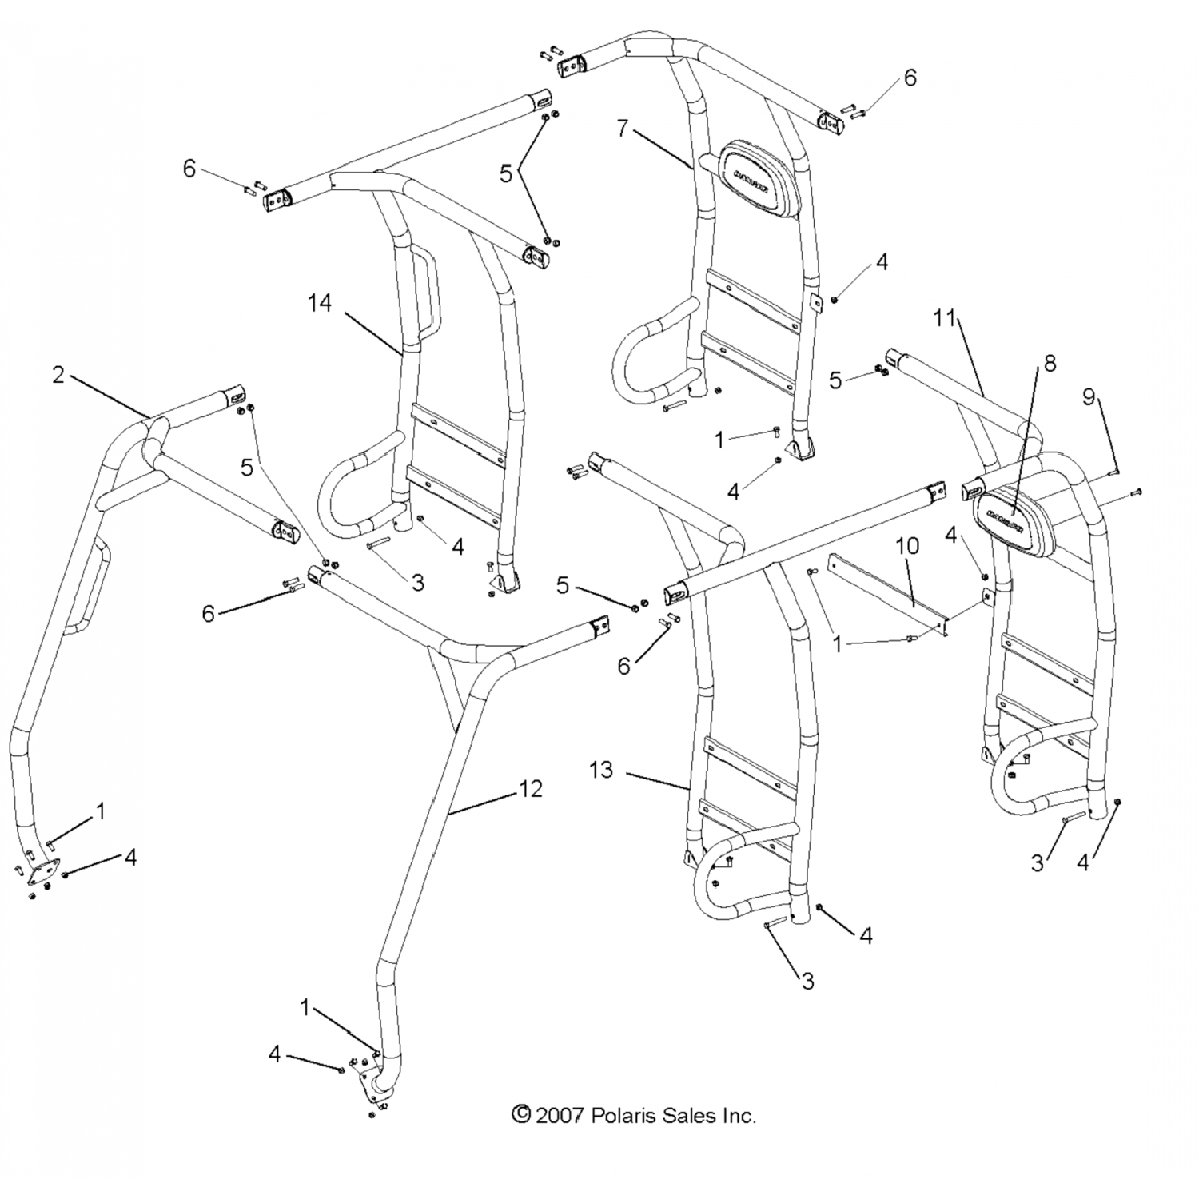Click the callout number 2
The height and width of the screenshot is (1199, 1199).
(x=58, y=374)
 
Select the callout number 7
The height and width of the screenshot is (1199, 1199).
(x=623, y=128)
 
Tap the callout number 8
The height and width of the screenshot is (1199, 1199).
(x=1050, y=363)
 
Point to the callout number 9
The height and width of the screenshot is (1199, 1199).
(x=1089, y=396)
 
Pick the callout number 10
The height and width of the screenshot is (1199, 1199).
(x=906, y=546)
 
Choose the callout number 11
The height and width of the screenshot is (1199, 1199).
(x=944, y=317)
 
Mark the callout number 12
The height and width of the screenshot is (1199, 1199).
(x=531, y=788)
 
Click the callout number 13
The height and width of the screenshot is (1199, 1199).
(x=600, y=770)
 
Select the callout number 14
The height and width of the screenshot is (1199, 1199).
(x=320, y=303)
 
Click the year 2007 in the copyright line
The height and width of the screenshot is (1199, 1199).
(x=561, y=1115)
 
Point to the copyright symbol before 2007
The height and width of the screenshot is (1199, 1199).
(x=521, y=1114)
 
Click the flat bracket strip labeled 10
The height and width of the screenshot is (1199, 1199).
(x=887, y=592)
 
